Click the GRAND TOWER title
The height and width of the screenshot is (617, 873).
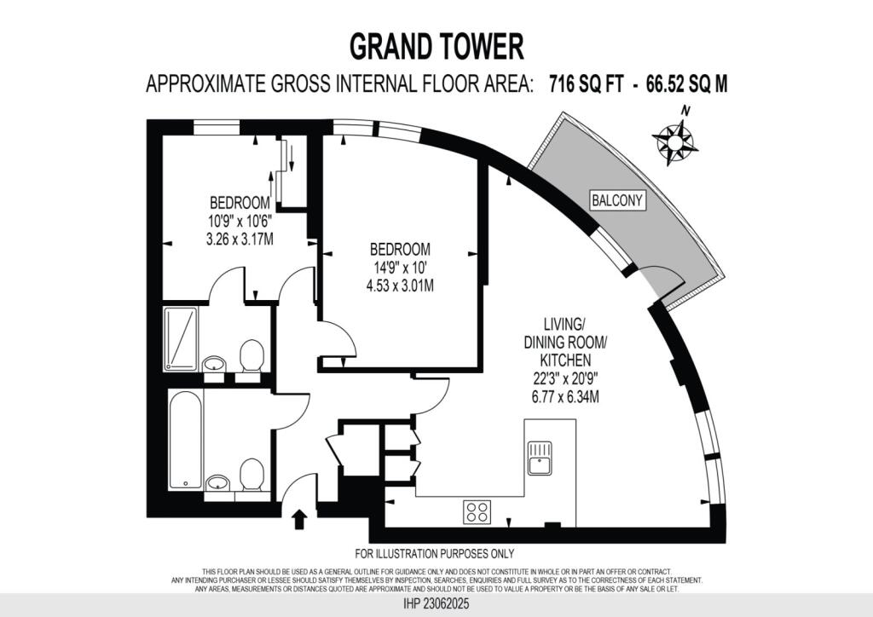pos(436,46)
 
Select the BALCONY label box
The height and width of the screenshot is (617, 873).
pos(618,201)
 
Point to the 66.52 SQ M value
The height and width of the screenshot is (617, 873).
pos(687,85)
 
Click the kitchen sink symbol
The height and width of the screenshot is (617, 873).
pos(541,458)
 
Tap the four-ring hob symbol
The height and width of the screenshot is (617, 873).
pos(477,511)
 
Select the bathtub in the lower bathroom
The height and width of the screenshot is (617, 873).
pos(185,440)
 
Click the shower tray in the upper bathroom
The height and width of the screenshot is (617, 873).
pos(182,337)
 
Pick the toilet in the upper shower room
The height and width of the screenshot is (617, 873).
pos(251,356)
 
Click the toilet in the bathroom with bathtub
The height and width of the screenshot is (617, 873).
pos(251,475)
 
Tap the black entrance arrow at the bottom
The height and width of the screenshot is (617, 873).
pos(299,519)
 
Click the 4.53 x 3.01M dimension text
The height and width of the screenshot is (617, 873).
pos(401,286)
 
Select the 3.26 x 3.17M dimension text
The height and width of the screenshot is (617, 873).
pos(240,239)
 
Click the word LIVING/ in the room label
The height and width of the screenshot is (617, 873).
pos(564,325)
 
